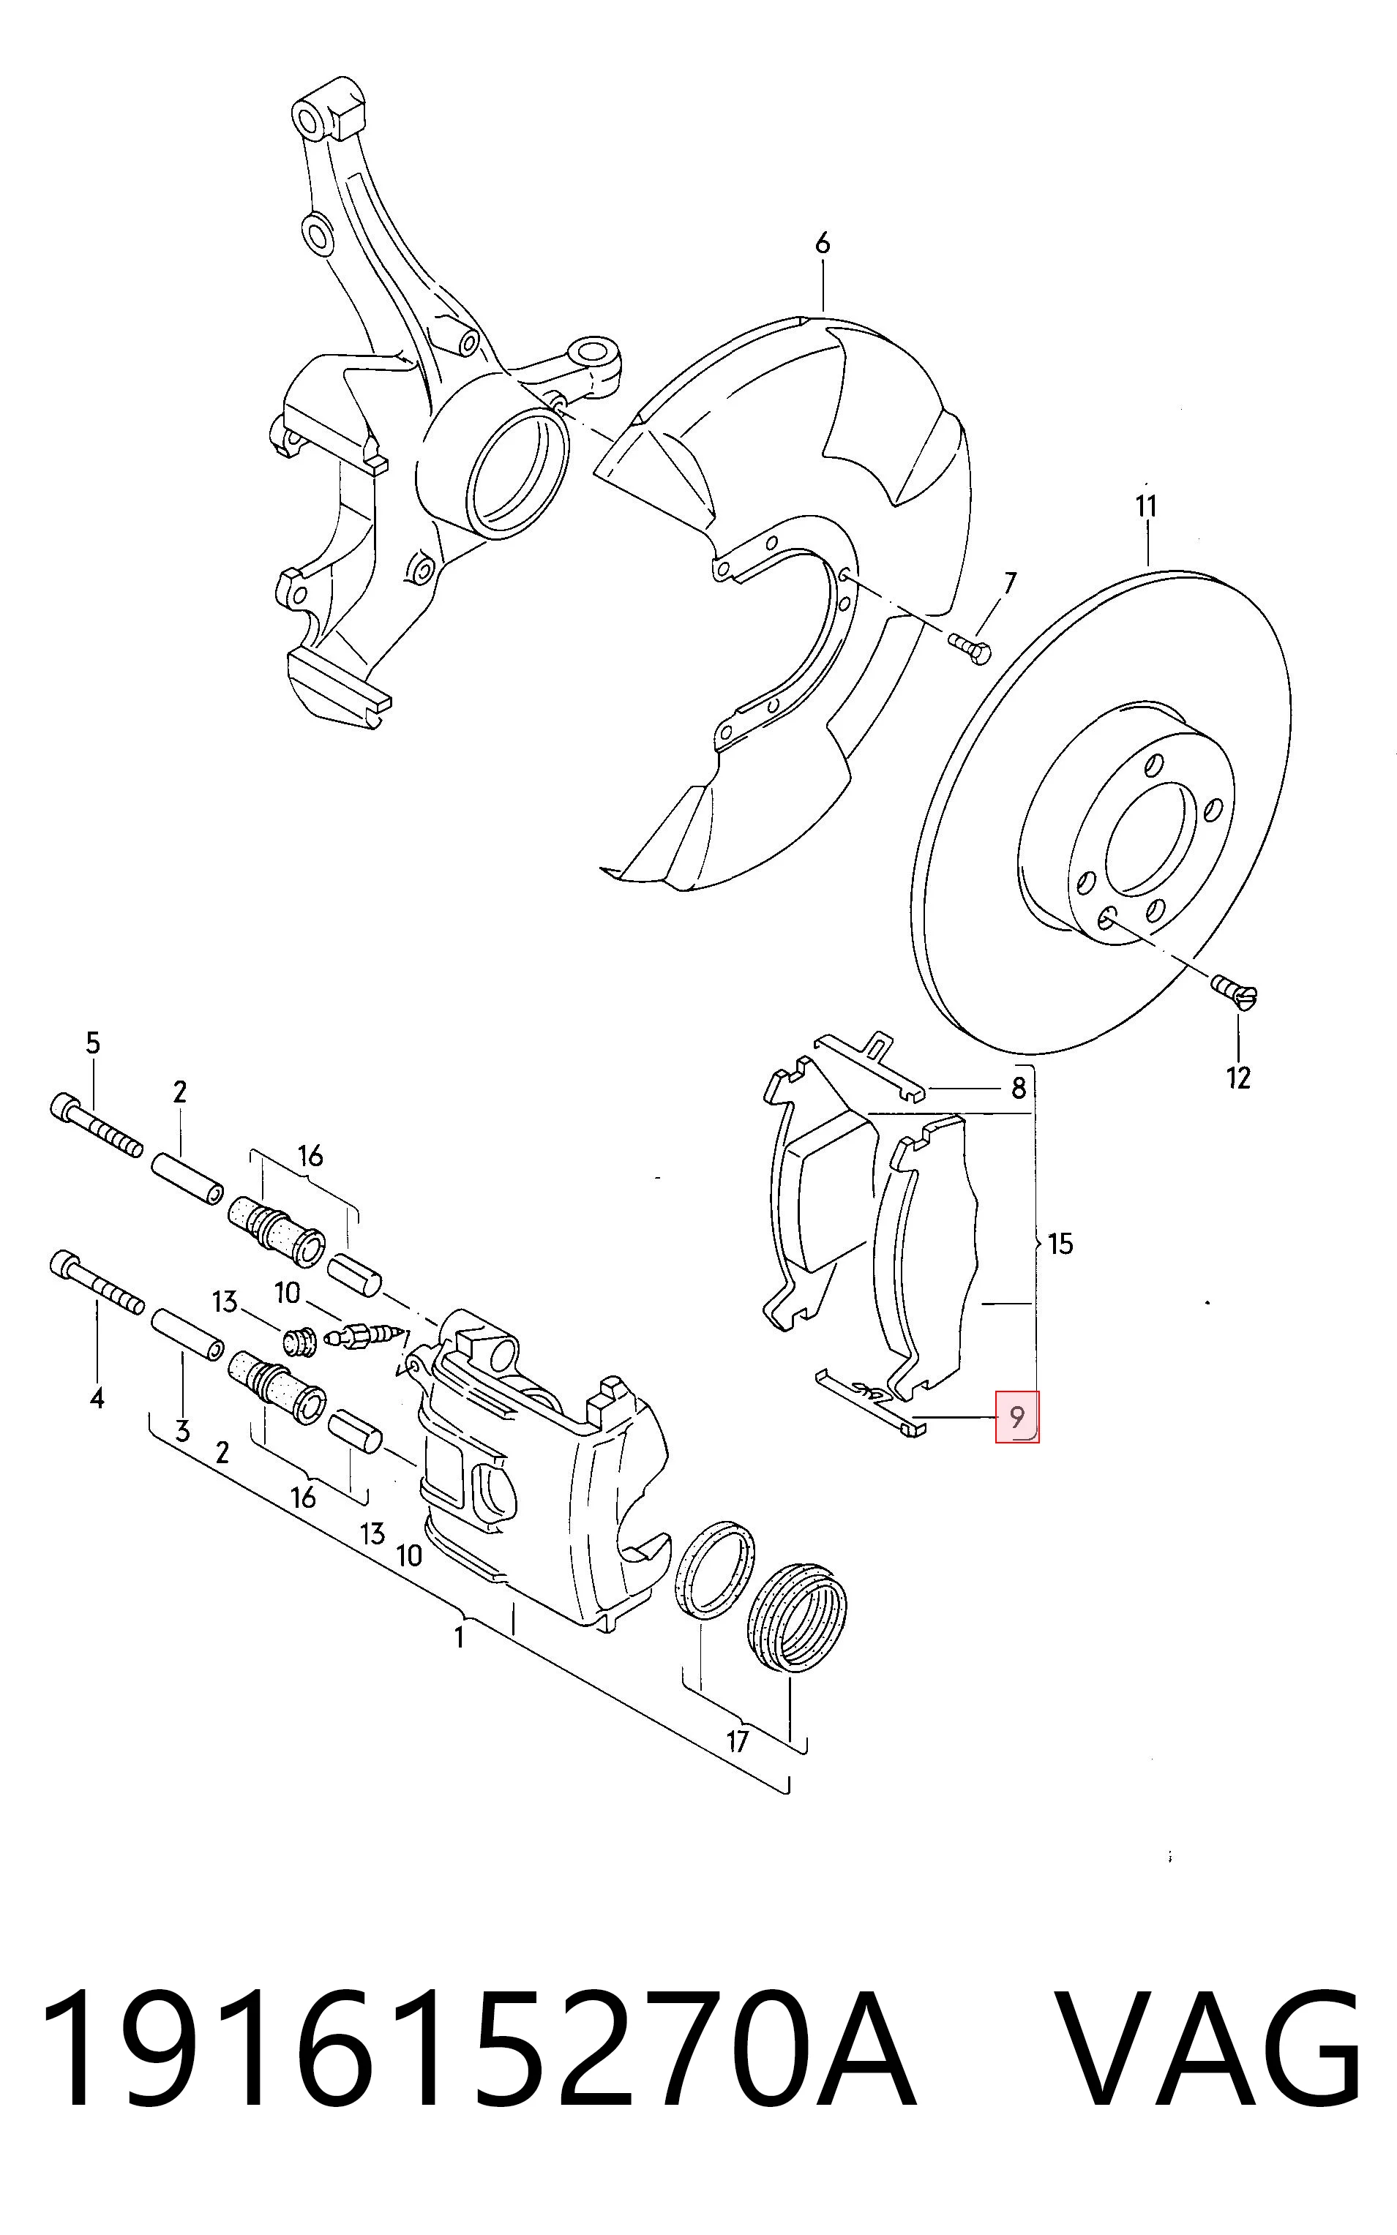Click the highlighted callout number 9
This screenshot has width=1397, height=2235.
[1016, 1416]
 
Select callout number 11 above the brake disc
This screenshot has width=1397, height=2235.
[1146, 506]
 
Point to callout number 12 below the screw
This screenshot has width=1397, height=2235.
[1238, 1078]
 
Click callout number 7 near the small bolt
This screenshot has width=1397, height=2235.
[1010, 583]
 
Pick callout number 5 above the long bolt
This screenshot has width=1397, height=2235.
[92, 1044]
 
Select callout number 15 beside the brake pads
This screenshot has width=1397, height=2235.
[1060, 1244]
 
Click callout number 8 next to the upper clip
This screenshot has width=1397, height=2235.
[1018, 1088]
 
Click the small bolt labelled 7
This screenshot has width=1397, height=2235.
[969, 647]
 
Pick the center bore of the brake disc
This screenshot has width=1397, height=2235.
[1148, 840]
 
